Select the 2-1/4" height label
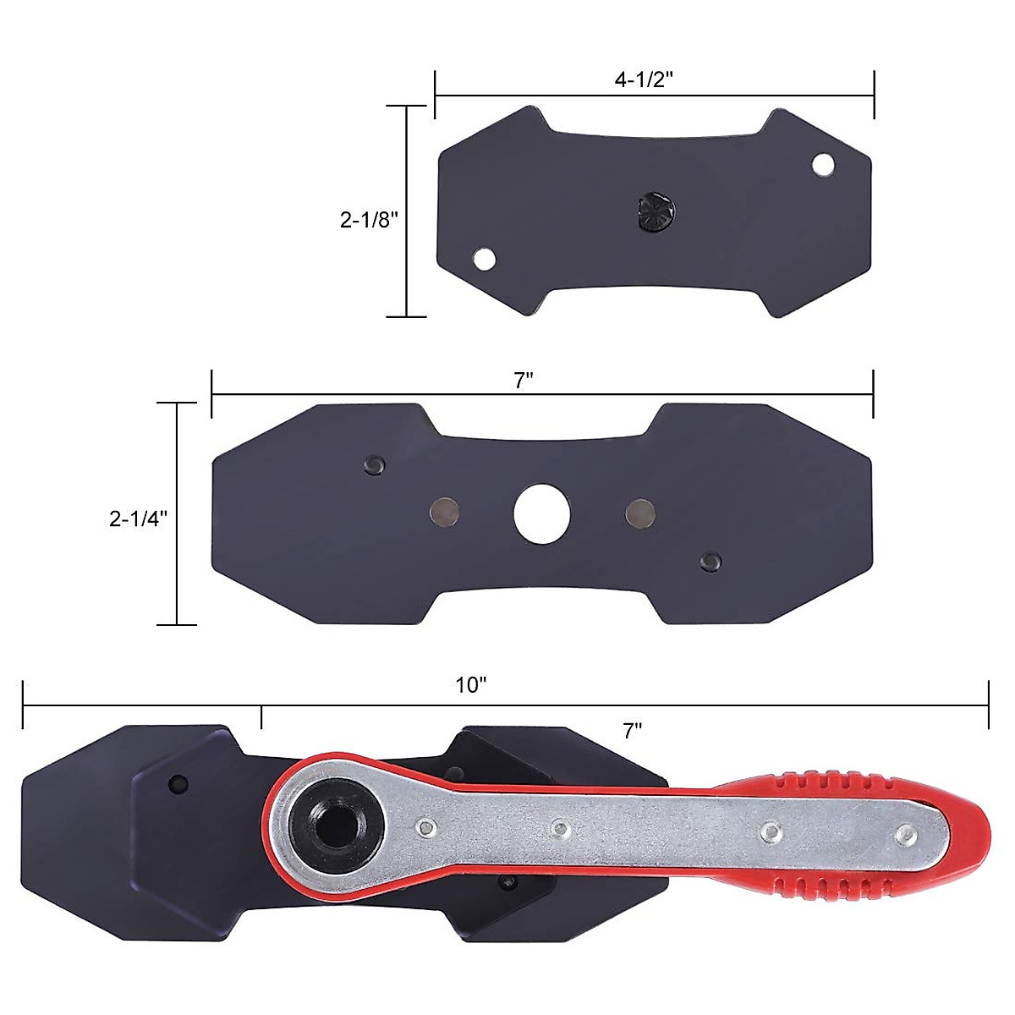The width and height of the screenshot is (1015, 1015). tap(138, 518)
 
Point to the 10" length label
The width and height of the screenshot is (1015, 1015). tap(471, 685)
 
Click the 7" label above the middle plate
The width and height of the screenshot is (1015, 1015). tap(524, 381)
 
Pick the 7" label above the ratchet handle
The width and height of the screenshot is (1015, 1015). tap(632, 731)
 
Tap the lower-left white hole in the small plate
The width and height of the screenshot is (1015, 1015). tap(484, 259)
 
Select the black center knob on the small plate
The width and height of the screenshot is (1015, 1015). tap(654, 210)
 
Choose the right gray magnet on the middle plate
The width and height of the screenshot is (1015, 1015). tap(640, 512)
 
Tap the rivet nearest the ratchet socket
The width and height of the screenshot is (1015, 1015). tap(425, 826)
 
